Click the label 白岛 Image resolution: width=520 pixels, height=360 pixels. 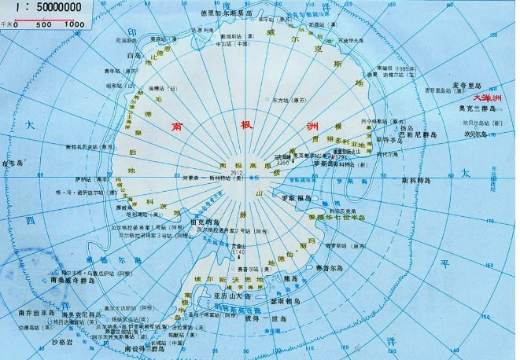pos(133,57)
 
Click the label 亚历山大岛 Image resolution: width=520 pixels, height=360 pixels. pos(229,296)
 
